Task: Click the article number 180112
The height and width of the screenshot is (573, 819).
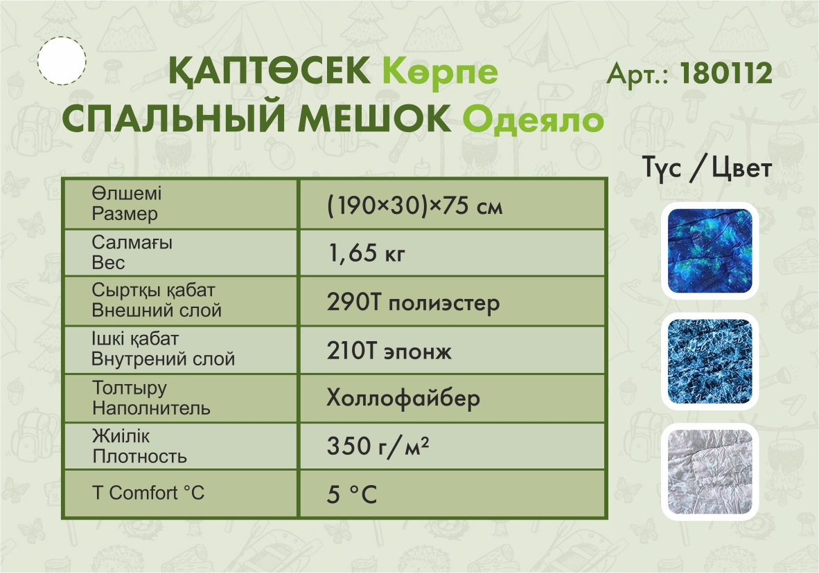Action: (726, 73)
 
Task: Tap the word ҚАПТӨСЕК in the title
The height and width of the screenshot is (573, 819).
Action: (270, 71)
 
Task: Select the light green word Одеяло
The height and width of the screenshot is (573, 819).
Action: (534, 120)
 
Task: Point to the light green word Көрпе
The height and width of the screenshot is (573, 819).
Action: (440, 72)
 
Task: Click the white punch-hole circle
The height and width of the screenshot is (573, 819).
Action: (62, 61)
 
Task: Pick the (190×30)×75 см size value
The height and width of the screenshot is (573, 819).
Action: (415, 206)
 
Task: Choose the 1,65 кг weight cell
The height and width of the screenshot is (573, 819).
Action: (366, 253)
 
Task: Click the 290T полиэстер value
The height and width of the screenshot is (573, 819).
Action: (413, 302)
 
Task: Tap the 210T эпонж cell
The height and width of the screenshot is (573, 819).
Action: (389, 351)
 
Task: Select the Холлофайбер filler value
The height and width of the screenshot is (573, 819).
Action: (403, 398)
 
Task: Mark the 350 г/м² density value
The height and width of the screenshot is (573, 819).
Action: (378, 447)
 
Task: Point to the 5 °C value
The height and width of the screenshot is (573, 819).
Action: (351, 494)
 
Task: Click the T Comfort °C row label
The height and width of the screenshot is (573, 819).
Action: (148, 493)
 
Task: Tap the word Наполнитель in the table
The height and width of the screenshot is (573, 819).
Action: (152, 408)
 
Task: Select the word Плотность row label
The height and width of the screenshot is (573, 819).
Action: (139, 457)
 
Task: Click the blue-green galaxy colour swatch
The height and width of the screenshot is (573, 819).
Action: (710, 251)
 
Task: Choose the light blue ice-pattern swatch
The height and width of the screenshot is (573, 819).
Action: (710, 361)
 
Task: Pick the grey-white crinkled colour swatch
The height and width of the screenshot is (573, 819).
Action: (710, 472)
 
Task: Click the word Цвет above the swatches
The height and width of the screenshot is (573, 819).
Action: (741, 169)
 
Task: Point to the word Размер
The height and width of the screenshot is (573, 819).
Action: (125, 213)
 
